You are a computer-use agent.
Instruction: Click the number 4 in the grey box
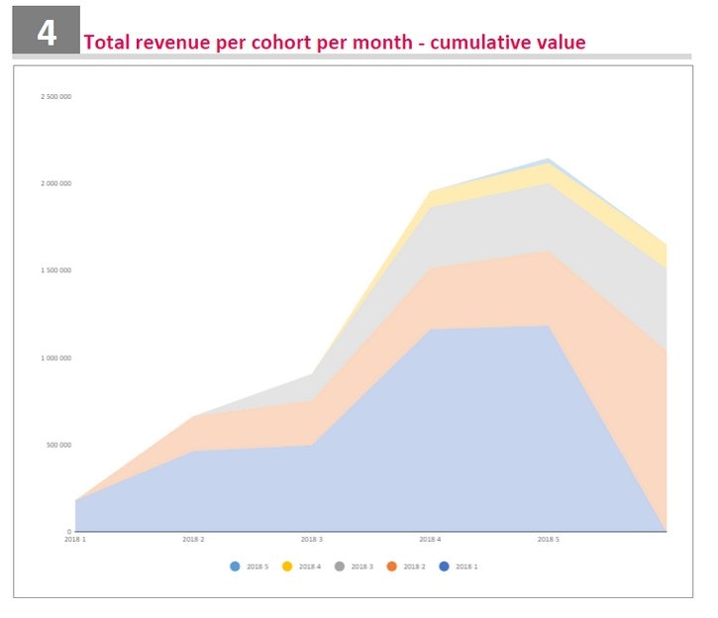click(47, 33)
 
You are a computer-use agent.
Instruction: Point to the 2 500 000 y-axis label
click(55, 97)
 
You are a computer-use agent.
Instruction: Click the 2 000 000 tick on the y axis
click(55, 184)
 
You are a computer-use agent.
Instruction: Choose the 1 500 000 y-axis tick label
click(55, 270)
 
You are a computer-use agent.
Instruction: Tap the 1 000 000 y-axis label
click(55, 358)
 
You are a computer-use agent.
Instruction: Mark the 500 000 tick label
click(58, 445)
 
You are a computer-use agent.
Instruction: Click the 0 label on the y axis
click(68, 532)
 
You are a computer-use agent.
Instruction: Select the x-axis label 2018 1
click(75, 540)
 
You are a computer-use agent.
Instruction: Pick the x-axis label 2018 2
click(193, 540)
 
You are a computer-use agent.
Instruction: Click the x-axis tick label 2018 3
click(311, 540)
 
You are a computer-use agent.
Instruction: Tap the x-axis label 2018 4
click(430, 540)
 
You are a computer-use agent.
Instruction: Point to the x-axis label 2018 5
click(548, 540)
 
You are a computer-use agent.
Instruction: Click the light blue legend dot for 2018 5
click(235, 566)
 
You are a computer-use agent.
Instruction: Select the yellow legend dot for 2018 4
click(287, 566)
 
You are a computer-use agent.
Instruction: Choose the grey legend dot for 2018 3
click(339, 566)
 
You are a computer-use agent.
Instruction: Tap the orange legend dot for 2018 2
click(391, 566)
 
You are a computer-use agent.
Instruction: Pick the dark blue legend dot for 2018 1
click(444, 566)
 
